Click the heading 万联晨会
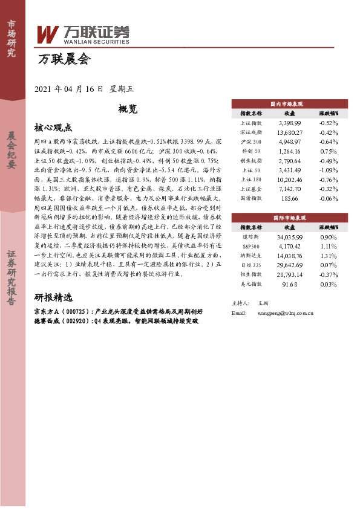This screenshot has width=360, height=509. (x=64, y=60)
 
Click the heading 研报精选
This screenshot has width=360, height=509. (x=53, y=297)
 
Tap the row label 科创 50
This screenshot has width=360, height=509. (x=251, y=151)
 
